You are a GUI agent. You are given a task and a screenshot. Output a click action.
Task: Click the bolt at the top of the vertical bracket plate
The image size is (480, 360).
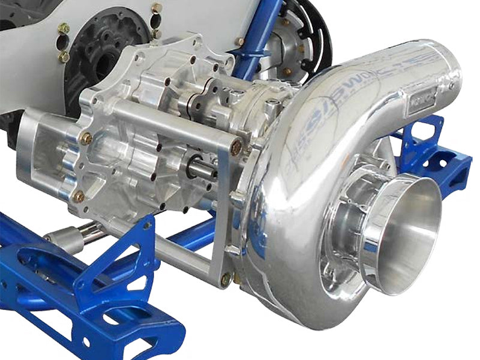point(236,146)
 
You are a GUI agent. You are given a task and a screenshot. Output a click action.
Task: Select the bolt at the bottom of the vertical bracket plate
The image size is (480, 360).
point(226,278)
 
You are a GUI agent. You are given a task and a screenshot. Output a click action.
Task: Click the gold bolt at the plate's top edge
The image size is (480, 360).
point(157,8)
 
